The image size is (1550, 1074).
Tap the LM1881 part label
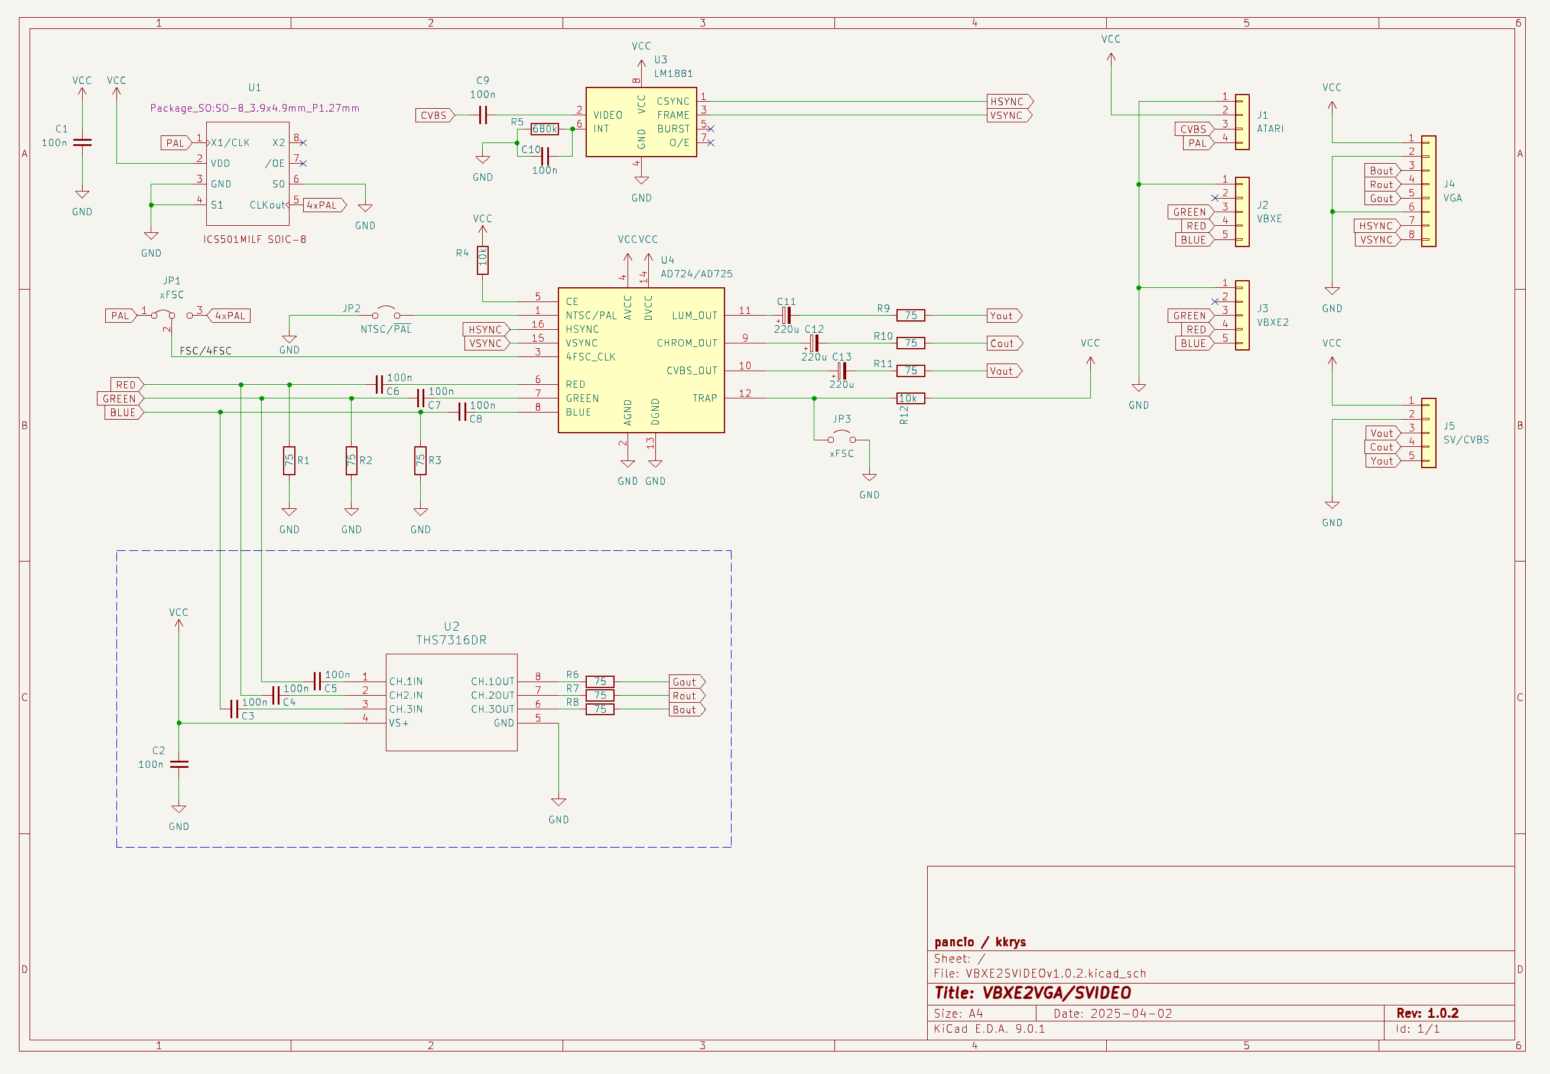tap(674, 73)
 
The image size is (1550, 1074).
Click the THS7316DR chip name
tap(451, 640)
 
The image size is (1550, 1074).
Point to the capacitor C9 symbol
tap(482, 115)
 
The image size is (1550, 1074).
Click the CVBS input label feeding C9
tap(434, 116)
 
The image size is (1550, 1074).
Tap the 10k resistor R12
tap(910, 398)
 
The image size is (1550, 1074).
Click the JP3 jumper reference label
tap(841, 418)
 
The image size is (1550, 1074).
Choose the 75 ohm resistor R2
tap(351, 460)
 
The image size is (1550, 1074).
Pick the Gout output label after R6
tap(685, 682)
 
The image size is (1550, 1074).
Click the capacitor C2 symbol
tap(179, 764)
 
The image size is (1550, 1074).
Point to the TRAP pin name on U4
tap(704, 398)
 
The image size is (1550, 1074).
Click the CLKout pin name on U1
tap(267, 205)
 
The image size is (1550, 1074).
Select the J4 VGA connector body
tap(1428, 191)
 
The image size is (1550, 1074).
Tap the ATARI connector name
tap(1270, 128)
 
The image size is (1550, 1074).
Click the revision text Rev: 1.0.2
tap(1427, 1013)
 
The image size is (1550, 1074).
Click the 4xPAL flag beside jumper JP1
tap(229, 316)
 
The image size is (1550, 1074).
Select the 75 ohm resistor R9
tap(910, 316)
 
